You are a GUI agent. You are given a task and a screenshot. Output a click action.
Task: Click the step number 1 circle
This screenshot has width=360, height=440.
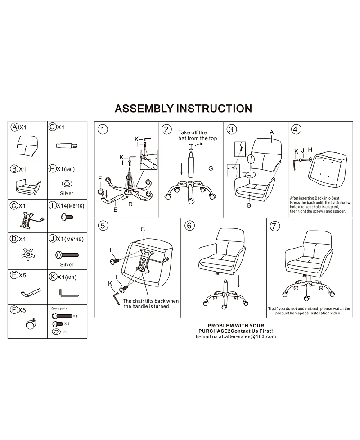click(x=103, y=130)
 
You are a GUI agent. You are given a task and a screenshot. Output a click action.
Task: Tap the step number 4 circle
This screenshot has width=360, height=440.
click(x=296, y=130)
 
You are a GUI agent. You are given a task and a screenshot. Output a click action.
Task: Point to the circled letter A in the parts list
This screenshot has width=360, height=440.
click(x=15, y=127)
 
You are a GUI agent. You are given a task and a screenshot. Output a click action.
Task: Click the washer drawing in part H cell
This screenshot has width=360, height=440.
click(x=67, y=183)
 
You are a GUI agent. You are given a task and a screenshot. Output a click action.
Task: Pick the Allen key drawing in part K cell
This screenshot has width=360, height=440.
click(x=69, y=293)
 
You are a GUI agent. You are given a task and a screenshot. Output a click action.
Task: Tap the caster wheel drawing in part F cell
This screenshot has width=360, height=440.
click(x=30, y=324)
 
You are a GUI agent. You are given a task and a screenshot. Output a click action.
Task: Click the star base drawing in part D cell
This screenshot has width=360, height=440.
click(x=27, y=255)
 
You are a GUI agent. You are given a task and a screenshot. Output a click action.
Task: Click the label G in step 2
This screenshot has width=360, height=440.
click(x=210, y=168)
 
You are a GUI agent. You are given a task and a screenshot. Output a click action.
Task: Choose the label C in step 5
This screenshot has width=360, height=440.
click(x=142, y=229)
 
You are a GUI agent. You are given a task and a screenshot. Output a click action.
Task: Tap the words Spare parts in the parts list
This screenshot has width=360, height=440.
click(x=58, y=308)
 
